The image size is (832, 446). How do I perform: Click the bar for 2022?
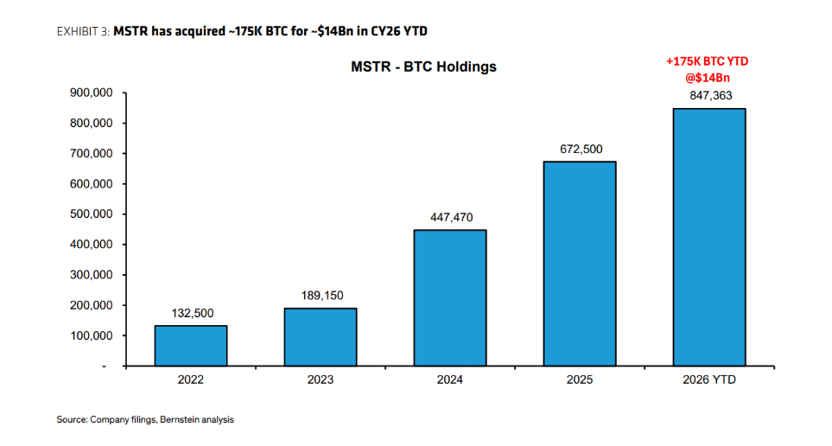point(191,346)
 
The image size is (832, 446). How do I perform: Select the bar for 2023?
point(321,337)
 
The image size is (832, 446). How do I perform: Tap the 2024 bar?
point(450,298)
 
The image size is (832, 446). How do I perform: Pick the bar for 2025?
point(580,264)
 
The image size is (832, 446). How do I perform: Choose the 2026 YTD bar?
point(709,238)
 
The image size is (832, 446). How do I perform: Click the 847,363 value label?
point(711,96)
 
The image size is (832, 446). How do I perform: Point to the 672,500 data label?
point(581,150)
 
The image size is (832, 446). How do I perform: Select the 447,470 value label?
point(452,217)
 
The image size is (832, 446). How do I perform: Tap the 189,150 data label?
point(322,296)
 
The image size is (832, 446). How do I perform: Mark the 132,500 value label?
point(193,313)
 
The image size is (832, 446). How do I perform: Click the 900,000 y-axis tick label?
point(92,93)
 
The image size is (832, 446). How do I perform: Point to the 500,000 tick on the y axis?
point(92,214)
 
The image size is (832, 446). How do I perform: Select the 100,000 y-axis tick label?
point(92,335)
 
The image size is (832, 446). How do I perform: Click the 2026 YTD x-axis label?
point(709,379)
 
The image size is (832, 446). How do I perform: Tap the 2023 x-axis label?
point(321,379)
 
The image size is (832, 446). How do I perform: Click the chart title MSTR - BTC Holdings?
point(423,67)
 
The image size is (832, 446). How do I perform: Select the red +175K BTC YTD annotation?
point(708,61)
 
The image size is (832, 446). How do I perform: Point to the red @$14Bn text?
point(708,78)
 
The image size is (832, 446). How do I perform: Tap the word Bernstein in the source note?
point(178,419)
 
